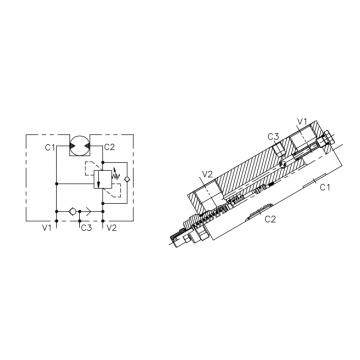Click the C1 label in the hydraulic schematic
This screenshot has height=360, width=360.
[x=50, y=147]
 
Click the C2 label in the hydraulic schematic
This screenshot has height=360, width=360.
[x=109, y=147]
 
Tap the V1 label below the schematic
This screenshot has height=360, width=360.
[x=47, y=228]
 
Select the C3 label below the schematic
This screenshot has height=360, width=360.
[x=86, y=228]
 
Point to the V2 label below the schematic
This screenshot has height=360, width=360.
[x=111, y=228]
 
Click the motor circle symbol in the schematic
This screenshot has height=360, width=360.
[x=79, y=145]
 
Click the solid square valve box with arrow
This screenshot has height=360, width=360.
[x=101, y=179]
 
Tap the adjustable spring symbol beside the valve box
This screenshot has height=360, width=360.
[x=116, y=175]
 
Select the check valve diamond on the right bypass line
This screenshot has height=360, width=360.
[x=127, y=179]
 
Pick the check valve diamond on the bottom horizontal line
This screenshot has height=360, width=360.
[x=72, y=211]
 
